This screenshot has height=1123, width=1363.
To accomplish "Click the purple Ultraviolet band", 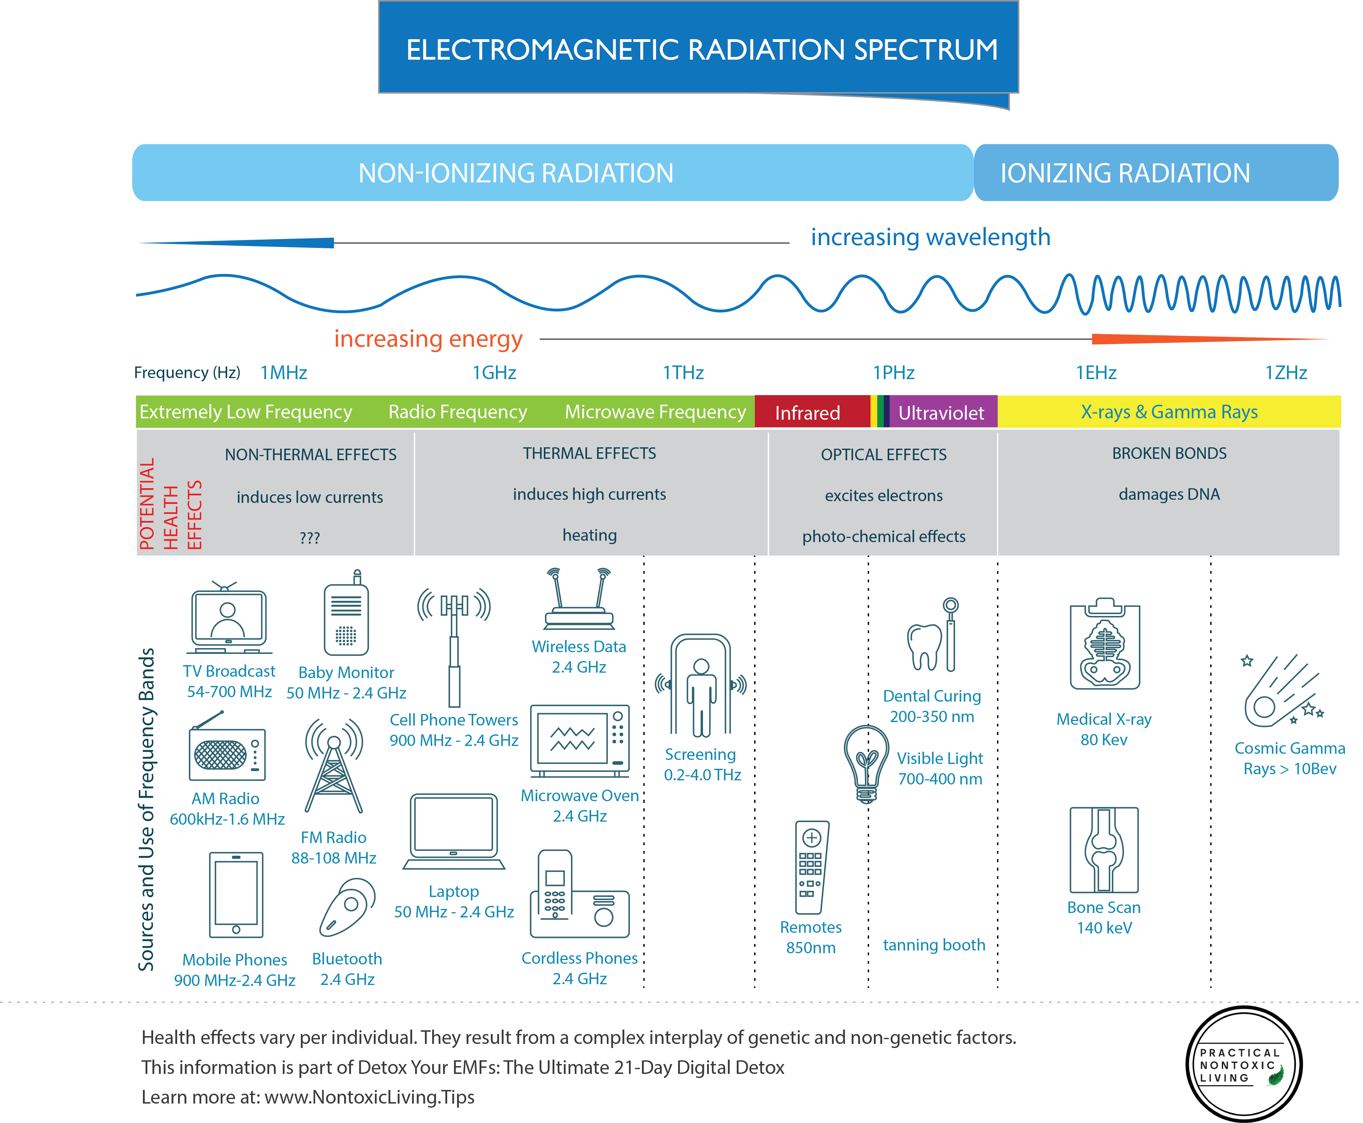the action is click(x=942, y=412).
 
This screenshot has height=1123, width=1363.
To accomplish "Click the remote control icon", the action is click(x=811, y=867).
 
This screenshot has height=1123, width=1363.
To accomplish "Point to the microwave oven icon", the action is click(x=579, y=741).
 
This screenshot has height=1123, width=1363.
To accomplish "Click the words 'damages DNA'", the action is click(x=1169, y=494).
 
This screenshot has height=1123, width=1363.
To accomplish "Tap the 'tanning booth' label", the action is click(x=934, y=945).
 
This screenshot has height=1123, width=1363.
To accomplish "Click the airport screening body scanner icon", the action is click(x=701, y=686).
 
